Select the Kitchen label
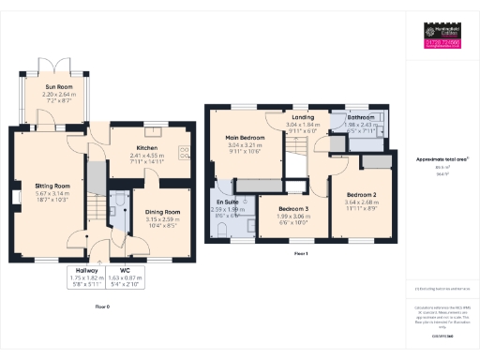tap(146, 148)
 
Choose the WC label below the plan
tap(125, 270)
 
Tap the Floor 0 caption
tap(102, 306)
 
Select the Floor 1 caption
tap(301, 254)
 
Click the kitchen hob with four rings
tap(186, 150)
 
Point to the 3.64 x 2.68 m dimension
tap(360, 201)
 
